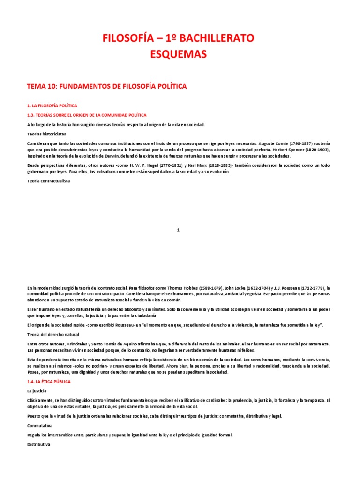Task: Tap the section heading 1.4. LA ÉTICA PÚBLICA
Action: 49,382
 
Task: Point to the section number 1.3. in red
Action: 32,115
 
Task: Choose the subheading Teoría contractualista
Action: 49,181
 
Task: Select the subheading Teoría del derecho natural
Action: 52,334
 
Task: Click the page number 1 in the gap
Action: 178,230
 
